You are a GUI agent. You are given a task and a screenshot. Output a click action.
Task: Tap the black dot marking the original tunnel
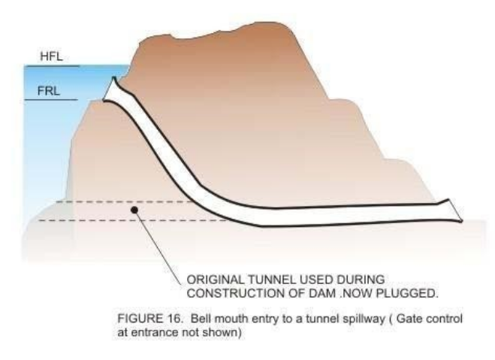[x=134, y=211]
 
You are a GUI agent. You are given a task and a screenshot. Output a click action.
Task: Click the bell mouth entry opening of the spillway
[x=113, y=89]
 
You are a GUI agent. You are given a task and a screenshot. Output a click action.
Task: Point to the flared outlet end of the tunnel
[x=454, y=210]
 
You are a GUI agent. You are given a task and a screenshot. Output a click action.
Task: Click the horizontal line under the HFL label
[x=51, y=66]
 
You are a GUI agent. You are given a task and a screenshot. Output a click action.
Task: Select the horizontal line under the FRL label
[x=51, y=100]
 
